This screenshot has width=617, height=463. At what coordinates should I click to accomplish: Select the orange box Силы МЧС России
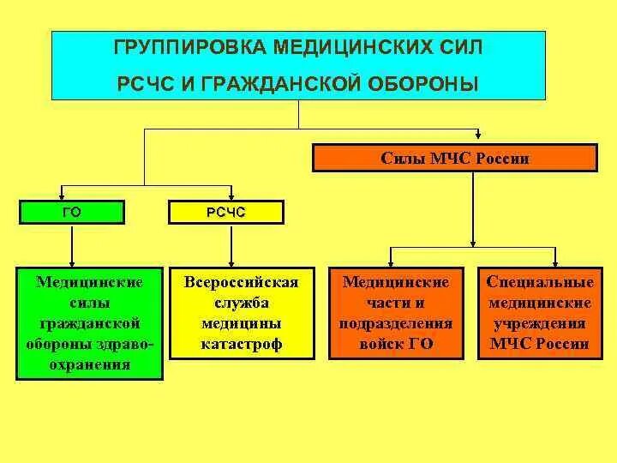(x=454, y=159)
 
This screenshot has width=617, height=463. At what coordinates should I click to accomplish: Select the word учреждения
(x=539, y=324)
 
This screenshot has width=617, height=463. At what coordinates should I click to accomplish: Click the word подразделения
(x=396, y=324)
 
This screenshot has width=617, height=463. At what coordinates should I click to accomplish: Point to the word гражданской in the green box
(x=89, y=323)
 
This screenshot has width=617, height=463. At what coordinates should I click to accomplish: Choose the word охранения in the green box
(x=89, y=364)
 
